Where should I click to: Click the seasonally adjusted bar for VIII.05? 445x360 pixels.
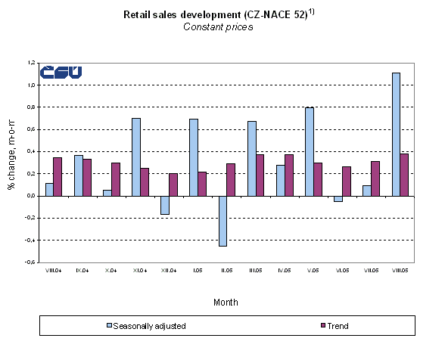[396, 134]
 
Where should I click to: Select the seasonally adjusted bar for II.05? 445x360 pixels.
[222, 221]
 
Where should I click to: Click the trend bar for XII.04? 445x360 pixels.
[174, 185]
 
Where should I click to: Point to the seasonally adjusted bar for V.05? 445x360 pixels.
[309, 151]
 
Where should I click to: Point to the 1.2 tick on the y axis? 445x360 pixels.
[30, 63]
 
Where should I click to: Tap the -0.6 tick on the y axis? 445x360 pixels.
[30, 262]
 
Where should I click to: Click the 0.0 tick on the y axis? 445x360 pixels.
[30, 196]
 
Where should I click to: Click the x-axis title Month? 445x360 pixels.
[225, 302]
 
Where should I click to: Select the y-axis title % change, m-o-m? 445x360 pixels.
[11, 163]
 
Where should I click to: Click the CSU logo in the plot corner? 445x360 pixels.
[61, 73]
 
